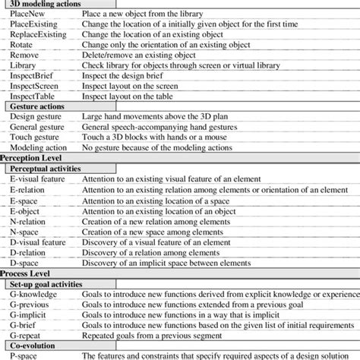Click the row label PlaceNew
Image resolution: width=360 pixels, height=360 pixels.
(27, 18)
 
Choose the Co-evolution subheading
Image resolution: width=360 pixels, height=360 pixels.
(35, 345)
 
